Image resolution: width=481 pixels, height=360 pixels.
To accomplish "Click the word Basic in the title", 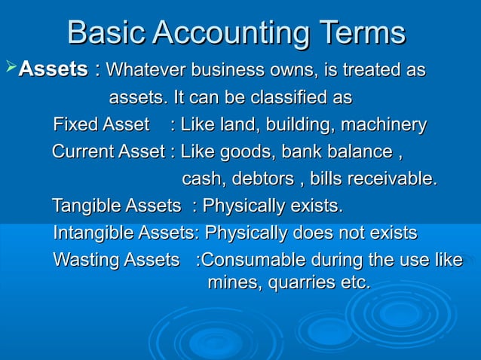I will pos(106,33).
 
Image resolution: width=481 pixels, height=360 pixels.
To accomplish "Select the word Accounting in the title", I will pos(231,33).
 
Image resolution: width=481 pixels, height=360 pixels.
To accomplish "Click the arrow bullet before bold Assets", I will pos(10,70).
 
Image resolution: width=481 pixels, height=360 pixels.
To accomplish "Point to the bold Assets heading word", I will pos(53,70).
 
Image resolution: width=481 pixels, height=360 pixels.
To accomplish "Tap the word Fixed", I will pos(76,124).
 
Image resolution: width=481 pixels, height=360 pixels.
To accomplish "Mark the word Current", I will pos(83,151).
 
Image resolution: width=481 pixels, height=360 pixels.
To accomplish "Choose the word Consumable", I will pos(253,261).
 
